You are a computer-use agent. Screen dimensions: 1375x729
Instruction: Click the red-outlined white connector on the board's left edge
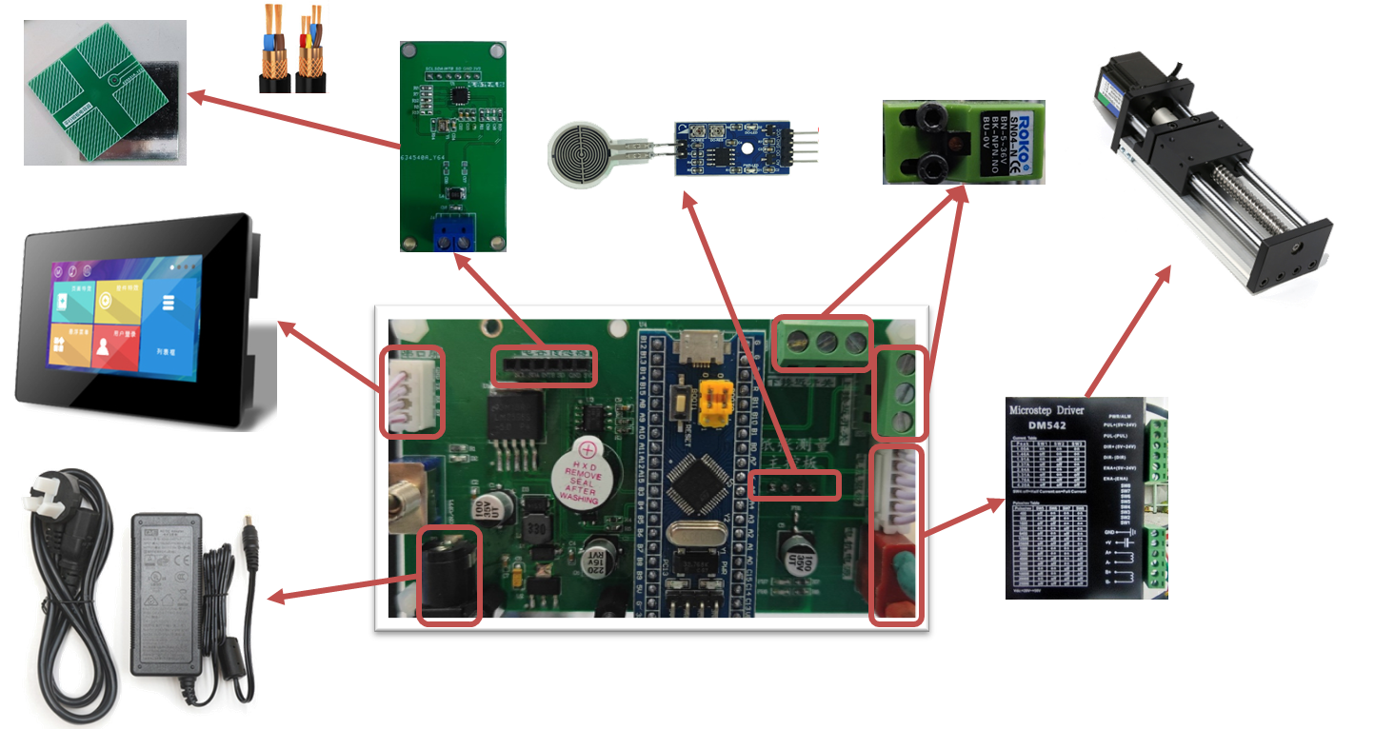(412, 391)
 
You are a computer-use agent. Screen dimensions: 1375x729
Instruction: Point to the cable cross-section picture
(292, 48)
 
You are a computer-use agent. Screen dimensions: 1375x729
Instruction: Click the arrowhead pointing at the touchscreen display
(284, 326)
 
